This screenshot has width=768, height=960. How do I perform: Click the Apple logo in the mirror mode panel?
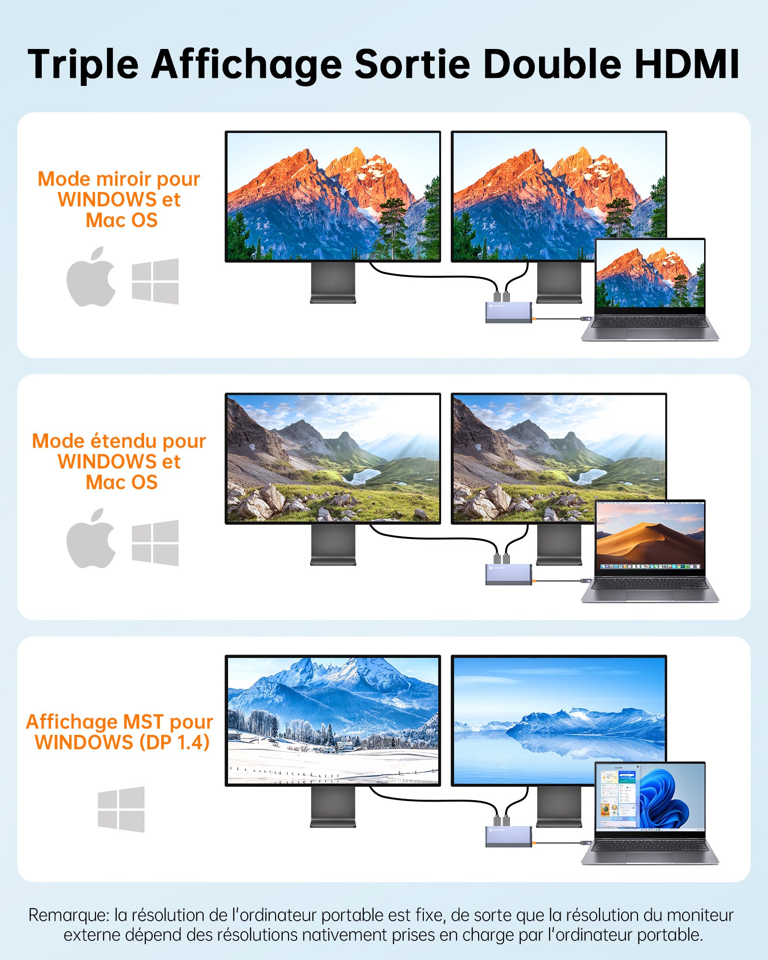point(91,276)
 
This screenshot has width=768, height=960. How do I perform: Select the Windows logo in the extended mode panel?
point(155,543)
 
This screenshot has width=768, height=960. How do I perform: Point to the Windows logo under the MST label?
point(121,809)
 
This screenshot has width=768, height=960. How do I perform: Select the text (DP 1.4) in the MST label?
point(175,743)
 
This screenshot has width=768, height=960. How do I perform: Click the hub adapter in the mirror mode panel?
point(509,312)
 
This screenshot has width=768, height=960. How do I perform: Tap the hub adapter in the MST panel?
point(509,836)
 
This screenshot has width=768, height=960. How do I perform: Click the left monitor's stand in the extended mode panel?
point(333,544)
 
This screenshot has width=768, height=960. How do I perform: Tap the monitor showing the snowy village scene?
point(333,720)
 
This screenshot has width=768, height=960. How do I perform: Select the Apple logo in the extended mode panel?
point(91,539)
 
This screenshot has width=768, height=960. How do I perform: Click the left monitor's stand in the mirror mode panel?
point(333,282)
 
